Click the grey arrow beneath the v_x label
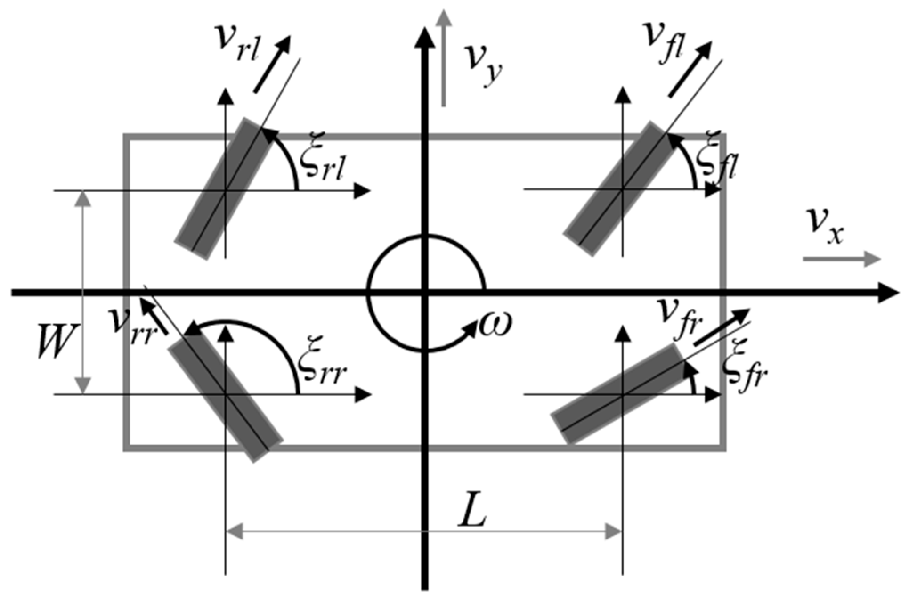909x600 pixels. [841, 259]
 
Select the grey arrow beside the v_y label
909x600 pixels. [443, 58]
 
